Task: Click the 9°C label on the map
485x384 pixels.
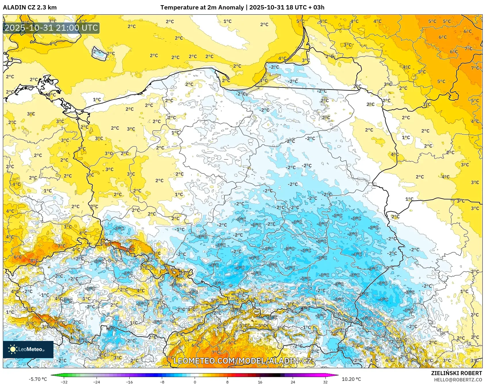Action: [x=130, y=250]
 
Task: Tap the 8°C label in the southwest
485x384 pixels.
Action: [x=34, y=261]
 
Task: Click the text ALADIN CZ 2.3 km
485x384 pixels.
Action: [x=30, y=7]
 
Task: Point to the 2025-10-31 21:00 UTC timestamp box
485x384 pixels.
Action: [x=51, y=28]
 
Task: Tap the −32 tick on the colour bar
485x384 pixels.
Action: [x=64, y=382]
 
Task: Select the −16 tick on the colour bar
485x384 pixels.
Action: [x=130, y=382]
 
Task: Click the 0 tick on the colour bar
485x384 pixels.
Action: [x=195, y=382]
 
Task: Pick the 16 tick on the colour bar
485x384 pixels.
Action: [x=260, y=382]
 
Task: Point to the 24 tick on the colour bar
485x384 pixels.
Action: [x=293, y=382]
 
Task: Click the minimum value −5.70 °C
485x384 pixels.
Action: [x=38, y=379]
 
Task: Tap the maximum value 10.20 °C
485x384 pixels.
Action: [x=351, y=379]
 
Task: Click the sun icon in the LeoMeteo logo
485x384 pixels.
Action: [x=13, y=349]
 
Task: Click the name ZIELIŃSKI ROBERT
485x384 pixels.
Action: [x=456, y=373]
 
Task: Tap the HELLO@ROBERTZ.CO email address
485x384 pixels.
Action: [x=458, y=380]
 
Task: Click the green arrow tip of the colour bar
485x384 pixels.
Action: [x=53, y=375]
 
